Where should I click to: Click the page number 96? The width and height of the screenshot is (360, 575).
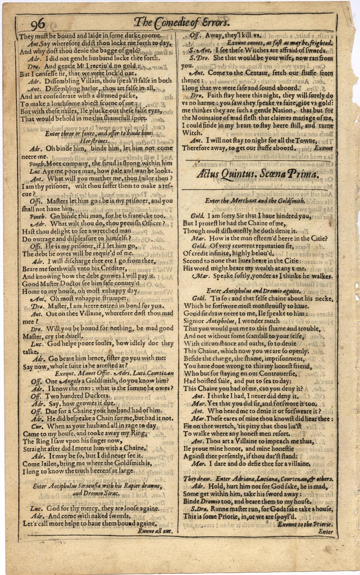tap(37, 23)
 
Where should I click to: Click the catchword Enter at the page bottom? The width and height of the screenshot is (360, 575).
tap(326, 532)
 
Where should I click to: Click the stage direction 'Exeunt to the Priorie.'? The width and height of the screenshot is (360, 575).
tap(305, 524)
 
